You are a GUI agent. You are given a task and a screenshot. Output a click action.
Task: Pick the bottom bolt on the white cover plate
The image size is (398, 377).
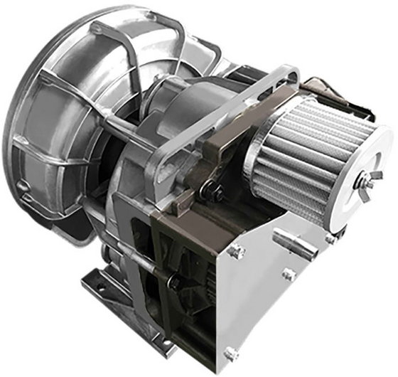[231, 352]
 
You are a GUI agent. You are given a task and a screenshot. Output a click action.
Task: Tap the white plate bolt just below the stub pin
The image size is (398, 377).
[288, 274]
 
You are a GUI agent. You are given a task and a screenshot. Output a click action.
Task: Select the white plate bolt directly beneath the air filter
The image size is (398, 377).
[330, 239]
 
